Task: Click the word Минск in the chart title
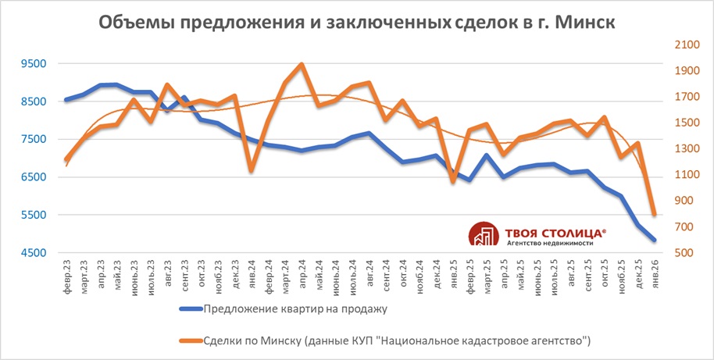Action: click(582, 23)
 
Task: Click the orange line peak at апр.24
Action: click(302, 64)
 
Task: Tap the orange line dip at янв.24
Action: click(251, 169)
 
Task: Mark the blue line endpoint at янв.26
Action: click(654, 240)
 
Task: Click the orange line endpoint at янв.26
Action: click(654, 214)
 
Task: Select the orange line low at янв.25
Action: click(452, 181)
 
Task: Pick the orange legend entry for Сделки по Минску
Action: click(391, 340)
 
